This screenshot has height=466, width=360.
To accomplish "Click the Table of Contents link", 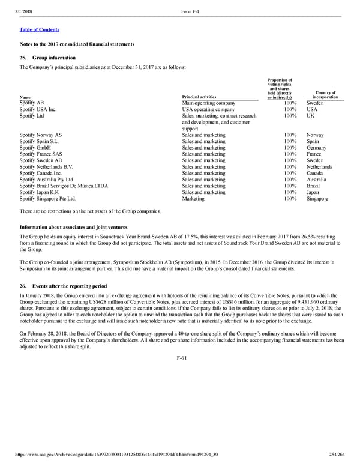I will tap(39, 29).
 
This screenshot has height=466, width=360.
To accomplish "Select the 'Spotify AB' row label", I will tap(32, 103).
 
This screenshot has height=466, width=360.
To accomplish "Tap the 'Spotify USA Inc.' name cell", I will tap(38, 110).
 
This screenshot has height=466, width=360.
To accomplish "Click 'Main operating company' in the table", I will tap(209, 103).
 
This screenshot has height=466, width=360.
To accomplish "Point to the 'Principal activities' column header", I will tap(199, 97).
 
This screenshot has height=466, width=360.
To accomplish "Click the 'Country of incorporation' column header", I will tap(325, 95).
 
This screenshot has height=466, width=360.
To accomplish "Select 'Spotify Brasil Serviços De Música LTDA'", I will tap(64, 186).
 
